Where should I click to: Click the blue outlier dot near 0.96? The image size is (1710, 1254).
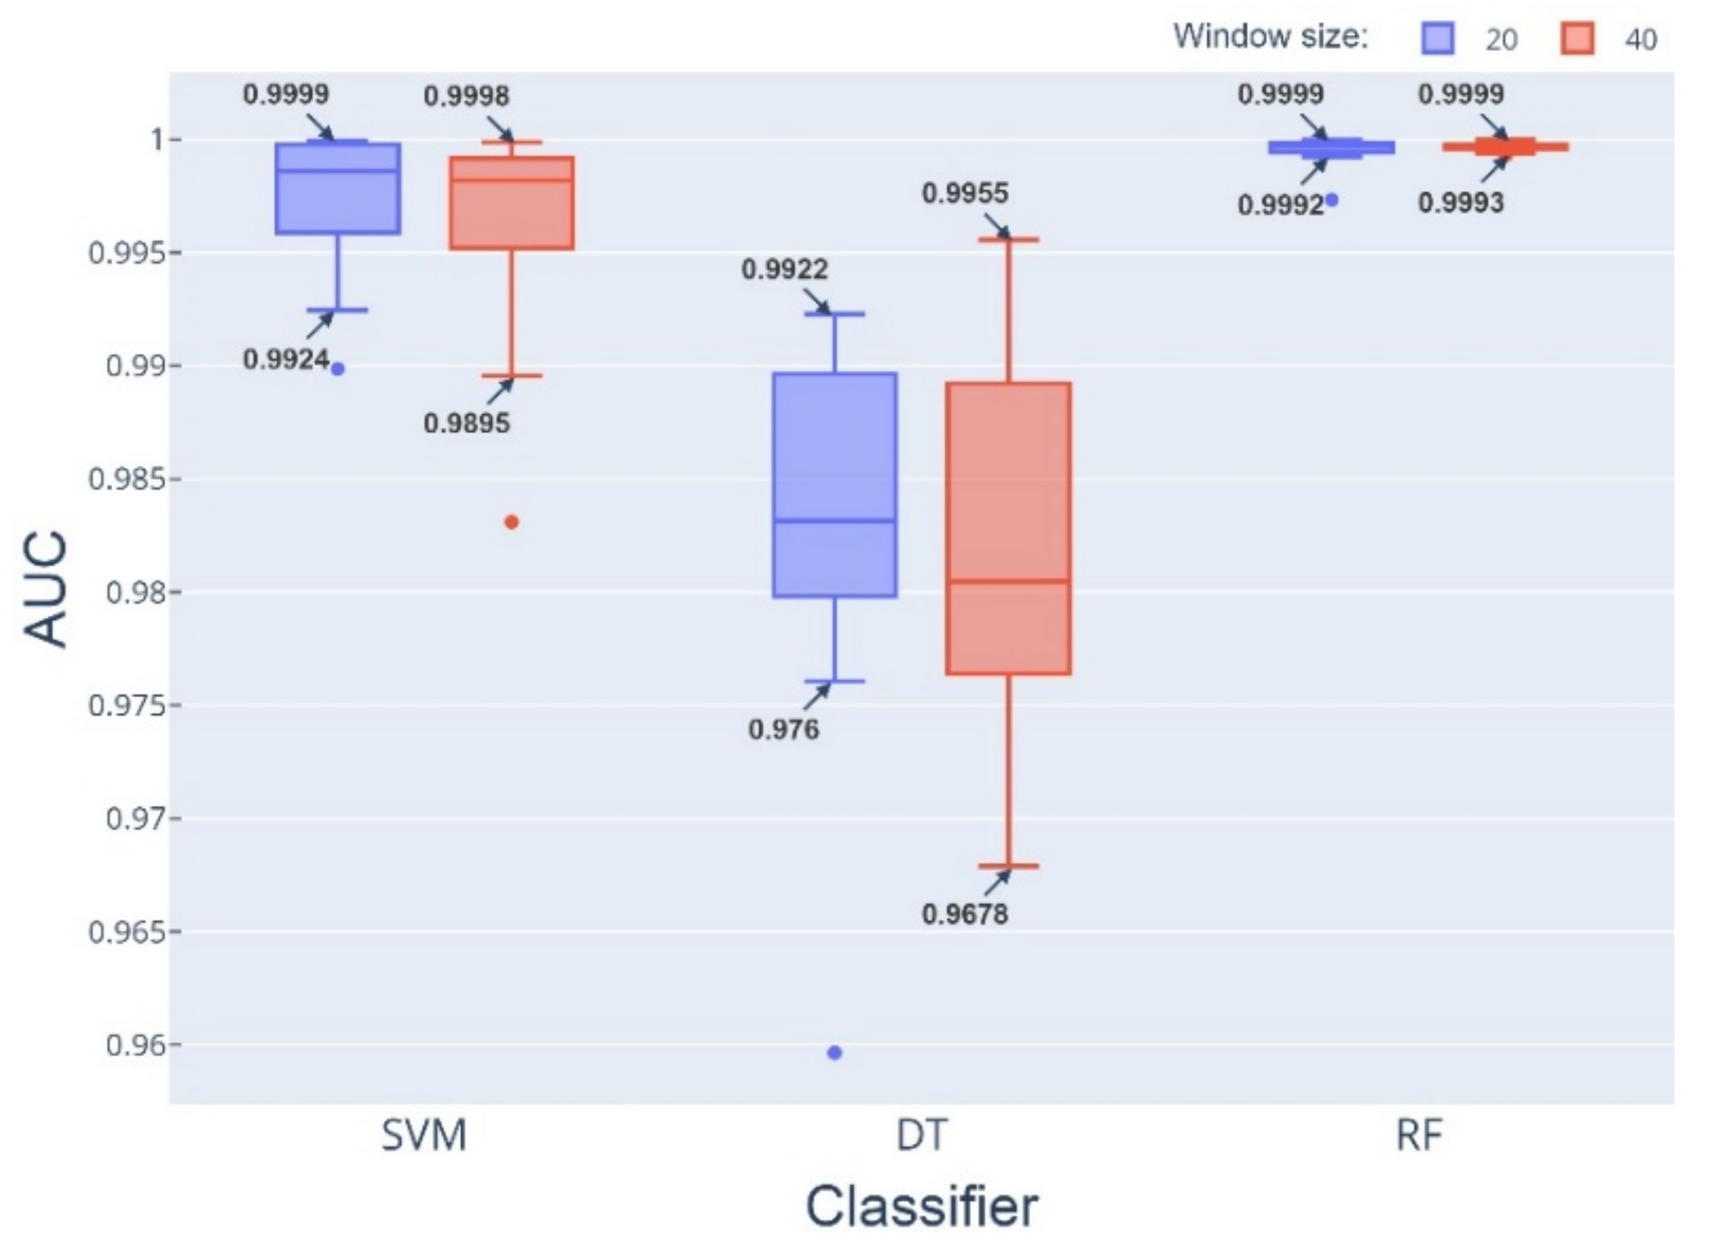(x=834, y=1052)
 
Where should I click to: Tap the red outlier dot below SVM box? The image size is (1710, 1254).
(x=511, y=522)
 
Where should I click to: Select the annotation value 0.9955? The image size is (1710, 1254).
(x=965, y=193)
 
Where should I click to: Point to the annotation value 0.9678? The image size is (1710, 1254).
(x=965, y=914)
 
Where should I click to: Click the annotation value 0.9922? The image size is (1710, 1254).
(x=785, y=269)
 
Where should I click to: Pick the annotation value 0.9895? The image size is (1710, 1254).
(x=467, y=423)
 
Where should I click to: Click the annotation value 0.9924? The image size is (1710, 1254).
(x=286, y=359)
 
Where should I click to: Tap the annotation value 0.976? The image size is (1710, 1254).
(x=783, y=730)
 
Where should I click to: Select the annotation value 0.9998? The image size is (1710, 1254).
(x=466, y=96)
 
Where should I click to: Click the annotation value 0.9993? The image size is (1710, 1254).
(x=1461, y=203)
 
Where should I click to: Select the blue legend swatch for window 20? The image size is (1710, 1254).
(x=1438, y=38)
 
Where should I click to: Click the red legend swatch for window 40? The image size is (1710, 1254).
(x=1577, y=38)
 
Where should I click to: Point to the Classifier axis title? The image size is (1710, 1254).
(x=921, y=1207)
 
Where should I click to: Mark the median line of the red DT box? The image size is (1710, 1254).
(x=1008, y=580)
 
